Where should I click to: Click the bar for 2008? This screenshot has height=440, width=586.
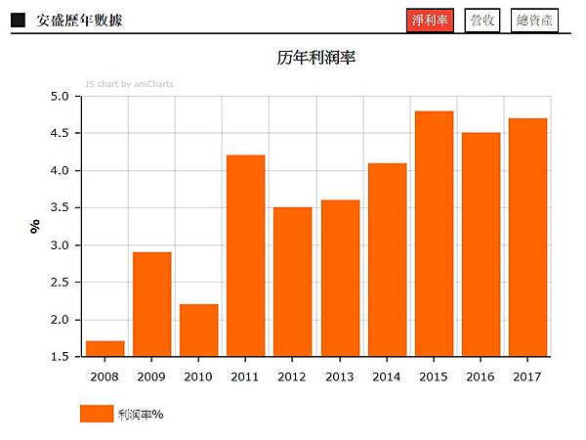[x=105, y=349]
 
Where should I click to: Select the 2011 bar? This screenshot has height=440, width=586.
[x=245, y=256]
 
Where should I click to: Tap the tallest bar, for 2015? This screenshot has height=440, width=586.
[x=434, y=234]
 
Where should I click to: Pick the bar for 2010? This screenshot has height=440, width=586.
[x=198, y=330]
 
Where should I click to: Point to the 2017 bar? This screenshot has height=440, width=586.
[x=527, y=238]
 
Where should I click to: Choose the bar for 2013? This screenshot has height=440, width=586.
[x=340, y=279]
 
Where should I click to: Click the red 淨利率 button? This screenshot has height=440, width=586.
[x=430, y=21]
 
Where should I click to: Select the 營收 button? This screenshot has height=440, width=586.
[x=481, y=21]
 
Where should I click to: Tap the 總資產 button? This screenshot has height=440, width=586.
[x=534, y=21]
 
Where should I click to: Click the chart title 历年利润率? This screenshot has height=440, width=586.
[x=315, y=59]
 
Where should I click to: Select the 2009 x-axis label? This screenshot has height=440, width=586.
[x=151, y=376]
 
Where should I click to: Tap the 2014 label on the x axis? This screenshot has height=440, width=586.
[x=387, y=376]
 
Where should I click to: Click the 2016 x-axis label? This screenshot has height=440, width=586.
[x=481, y=376]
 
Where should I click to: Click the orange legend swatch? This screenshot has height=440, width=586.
[x=97, y=414]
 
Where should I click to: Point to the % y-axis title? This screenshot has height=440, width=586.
[x=34, y=227]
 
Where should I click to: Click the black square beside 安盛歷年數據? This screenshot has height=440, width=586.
[x=18, y=21]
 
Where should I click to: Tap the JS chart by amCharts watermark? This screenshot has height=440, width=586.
[x=129, y=84]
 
